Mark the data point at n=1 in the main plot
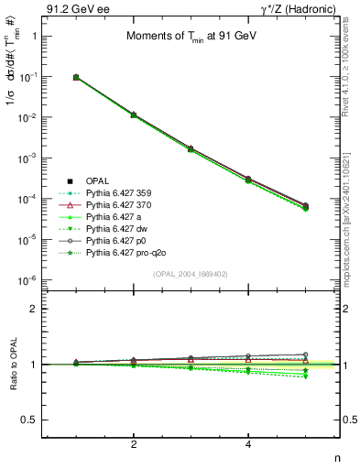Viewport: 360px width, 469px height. [x=76, y=78]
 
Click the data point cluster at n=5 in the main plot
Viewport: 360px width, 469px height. [x=305, y=207]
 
